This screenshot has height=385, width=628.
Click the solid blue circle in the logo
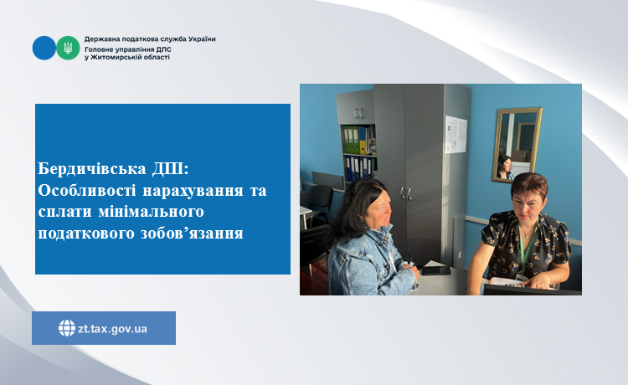click(44, 48)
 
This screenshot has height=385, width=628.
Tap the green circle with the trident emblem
click(68, 48)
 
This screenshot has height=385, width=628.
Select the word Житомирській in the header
click(115, 57)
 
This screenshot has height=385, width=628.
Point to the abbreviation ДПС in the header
click(164, 49)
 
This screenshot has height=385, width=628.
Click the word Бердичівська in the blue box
click(92, 168)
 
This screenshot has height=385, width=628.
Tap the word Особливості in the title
click(86, 190)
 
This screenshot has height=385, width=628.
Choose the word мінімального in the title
click(152, 212)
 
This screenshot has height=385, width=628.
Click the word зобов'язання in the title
click(192, 234)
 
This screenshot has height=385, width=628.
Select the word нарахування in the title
click(193, 191)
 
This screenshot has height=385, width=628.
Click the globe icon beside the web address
click(67, 328)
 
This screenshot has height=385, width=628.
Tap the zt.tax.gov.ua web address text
click(112, 329)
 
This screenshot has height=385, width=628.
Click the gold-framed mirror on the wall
click(517, 145)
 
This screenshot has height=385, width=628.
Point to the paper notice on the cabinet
click(456, 135)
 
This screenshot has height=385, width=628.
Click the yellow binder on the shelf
click(363, 141)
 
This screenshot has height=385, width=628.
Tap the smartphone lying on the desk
click(436, 270)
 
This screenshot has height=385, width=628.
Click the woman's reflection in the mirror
click(505, 167)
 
